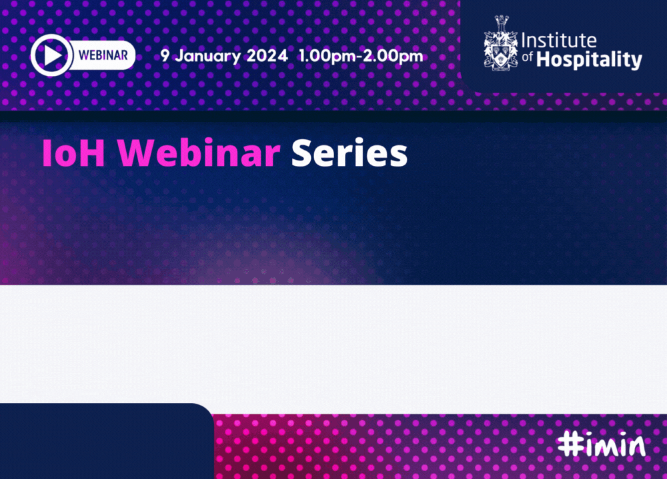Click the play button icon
pos(51,55)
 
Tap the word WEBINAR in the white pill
pos(103,55)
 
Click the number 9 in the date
pos(165,56)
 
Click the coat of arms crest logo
pos(501,43)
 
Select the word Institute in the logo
pos(559,41)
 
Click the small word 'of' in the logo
pos(528,57)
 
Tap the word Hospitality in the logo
pos(589,60)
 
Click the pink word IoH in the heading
pos(73,153)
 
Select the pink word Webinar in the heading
pos(199,153)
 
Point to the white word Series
pos(350,153)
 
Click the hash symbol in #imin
pos(570,444)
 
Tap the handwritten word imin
pos(615,445)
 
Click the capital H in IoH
pos(93,153)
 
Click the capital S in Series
pos(302,153)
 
